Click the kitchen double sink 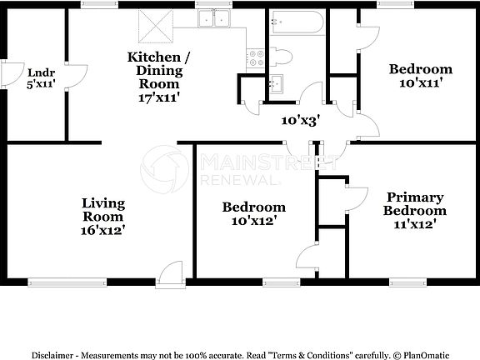click(x=219, y=20)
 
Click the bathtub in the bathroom click(x=297, y=22)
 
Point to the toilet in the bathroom click(x=282, y=57)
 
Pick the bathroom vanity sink click(x=276, y=83)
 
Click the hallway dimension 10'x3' click(x=300, y=121)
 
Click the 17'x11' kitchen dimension click(x=158, y=97)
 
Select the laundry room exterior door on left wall click(x=10, y=75)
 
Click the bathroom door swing click(x=312, y=93)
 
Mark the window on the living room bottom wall click(x=66, y=282)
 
